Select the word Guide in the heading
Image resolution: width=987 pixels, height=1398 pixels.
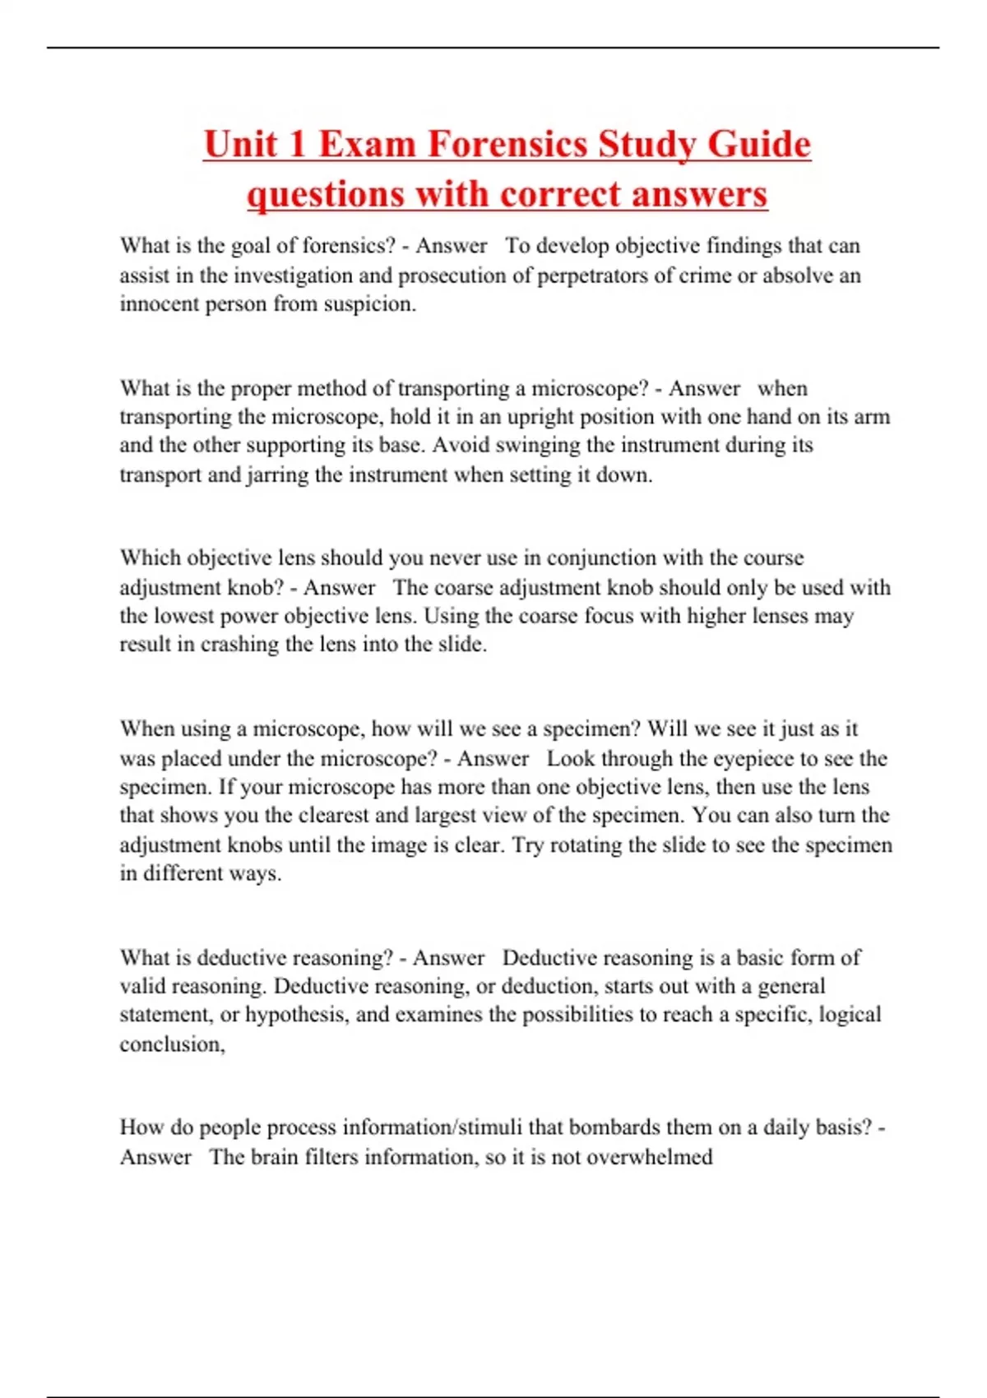click(x=758, y=146)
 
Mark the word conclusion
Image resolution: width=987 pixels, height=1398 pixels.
click(x=171, y=1044)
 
